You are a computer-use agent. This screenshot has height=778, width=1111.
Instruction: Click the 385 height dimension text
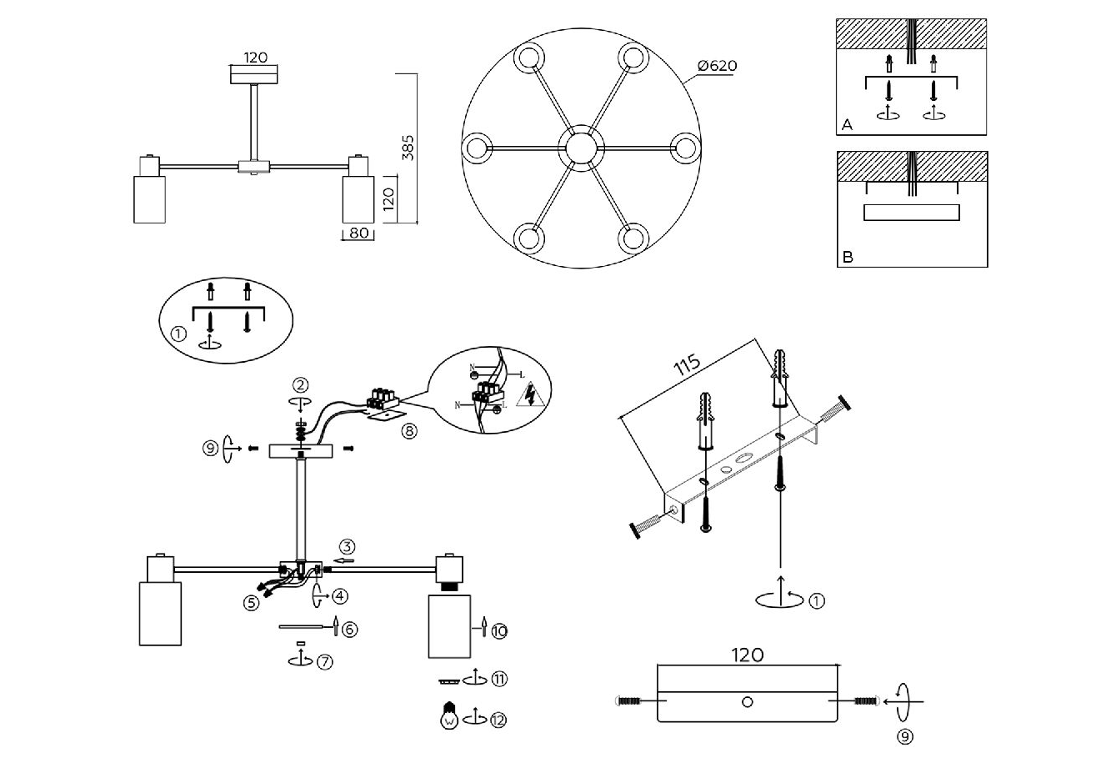coord(408,147)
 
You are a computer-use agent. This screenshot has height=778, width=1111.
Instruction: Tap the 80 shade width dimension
coord(358,233)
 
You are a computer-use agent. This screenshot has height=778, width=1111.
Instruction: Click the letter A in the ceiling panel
coord(848,124)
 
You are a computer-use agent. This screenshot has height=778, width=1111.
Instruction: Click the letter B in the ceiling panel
coord(848,257)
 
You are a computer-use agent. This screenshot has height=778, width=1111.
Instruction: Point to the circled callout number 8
coord(408,431)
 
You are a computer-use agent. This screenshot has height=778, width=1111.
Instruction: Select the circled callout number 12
coord(498,720)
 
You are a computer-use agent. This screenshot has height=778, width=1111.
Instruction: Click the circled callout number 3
coord(348,547)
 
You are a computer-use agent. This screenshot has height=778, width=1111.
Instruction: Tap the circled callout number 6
coord(350,630)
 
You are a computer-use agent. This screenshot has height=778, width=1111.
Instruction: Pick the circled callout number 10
coord(499,631)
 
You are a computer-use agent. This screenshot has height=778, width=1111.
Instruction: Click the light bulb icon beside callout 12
coord(450,715)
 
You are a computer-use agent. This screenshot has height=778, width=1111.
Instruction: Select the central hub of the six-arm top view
coord(581,148)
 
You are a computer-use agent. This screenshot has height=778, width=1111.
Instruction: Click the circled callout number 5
coord(252,604)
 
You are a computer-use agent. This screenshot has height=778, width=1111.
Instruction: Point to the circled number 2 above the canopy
coord(301,384)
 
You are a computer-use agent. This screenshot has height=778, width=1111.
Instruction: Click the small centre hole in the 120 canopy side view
coord(747,702)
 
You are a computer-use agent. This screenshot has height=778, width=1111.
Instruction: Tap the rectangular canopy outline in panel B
coord(911,213)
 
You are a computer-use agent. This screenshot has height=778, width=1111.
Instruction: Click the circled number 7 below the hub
coord(324,661)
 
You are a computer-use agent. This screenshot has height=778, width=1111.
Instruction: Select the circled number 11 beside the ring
coord(499,679)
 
